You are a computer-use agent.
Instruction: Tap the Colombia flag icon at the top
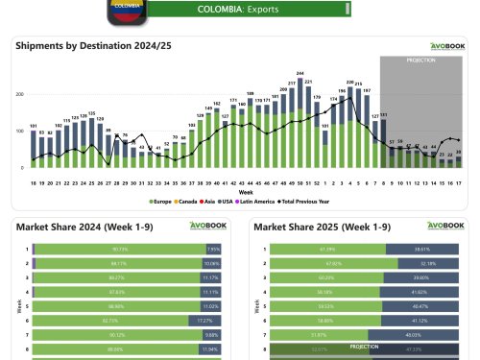pyautogui.click(x=125, y=8)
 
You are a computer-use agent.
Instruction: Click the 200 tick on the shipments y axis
pyautogui.click(x=21, y=95)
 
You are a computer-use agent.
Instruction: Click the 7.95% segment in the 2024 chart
pyautogui.click(x=214, y=248)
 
